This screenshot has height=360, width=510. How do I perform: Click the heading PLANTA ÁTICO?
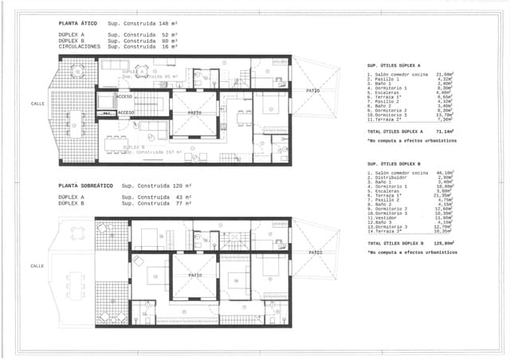(x=77, y=24)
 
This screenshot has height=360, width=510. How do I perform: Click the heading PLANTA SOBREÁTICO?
(x=84, y=186)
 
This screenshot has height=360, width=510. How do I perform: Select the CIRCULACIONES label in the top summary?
(x=80, y=47)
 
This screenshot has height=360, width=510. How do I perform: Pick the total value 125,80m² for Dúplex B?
(x=443, y=243)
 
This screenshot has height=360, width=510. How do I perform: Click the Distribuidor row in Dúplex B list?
(x=391, y=177)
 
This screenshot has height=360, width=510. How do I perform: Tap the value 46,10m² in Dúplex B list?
(x=444, y=172)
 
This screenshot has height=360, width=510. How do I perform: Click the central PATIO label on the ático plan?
(x=194, y=113)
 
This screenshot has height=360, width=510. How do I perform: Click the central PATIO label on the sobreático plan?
(x=194, y=275)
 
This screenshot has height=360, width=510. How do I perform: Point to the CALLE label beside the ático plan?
(x=37, y=104)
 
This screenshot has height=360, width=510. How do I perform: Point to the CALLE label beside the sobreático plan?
(x=37, y=265)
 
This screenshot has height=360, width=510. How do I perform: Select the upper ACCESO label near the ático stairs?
(x=124, y=96)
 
